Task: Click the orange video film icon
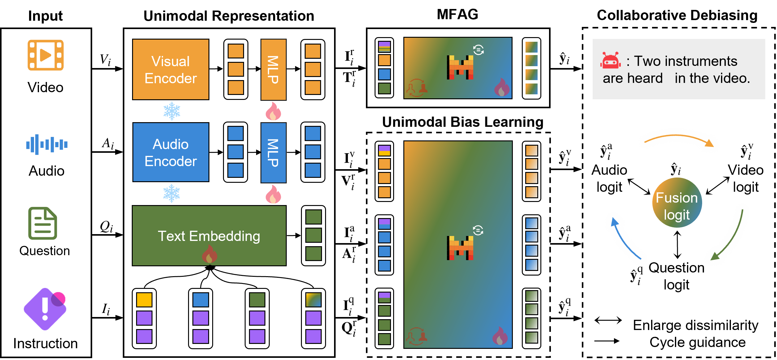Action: pyautogui.click(x=45, y=55)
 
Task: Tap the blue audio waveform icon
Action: pyautogui.click(x=47, y=144)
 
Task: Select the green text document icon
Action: pyautogui.click(x=43, y=223)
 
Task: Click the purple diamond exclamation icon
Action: pyautogui.click(x=45, y=309)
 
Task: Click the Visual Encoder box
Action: pyautogui.click(x=170, y=69)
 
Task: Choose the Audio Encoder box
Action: pyautogui.click(x=171, y=152)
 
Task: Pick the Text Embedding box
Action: pyautogui.click(x=209, y=235)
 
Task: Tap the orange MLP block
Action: pyautogui.click(x=273, y=70)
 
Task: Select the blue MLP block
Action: pyautogui.click(x=273, y=153)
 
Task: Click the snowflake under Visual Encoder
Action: pyautogui.click(x=172, y=111)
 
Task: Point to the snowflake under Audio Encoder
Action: pyautogui.click(x=172, y=194)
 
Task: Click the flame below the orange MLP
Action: pyautogui.click(x=273, y=111)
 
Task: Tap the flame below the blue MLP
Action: pyautogui.click(x=273, y=195)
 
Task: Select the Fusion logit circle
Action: pyautogui.click(x=677, y=203)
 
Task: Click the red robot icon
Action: pyautogui.click(x=610, y=60)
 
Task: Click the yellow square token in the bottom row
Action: pyautogui.click(x=144, y=300)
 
